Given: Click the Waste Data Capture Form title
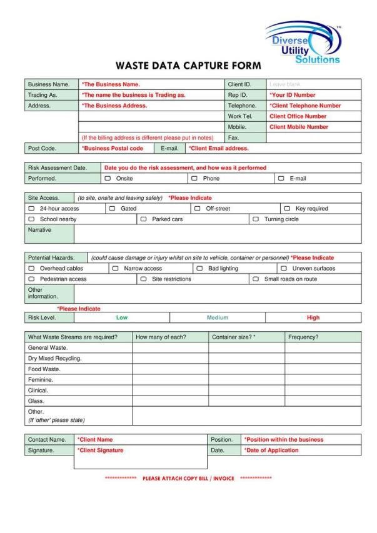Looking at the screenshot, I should [188, 66].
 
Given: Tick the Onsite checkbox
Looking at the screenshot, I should [108, 179].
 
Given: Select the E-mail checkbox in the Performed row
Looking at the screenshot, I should [281, 179].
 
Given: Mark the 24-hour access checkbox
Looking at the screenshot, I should [31, 209].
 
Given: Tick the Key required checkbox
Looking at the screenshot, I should [287, 209].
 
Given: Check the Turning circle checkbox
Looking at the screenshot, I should [255, 219].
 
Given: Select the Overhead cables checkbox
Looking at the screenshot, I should [31, 269].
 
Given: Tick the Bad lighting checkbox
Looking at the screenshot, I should [199, 269].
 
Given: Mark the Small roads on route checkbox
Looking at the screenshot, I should [255, 279].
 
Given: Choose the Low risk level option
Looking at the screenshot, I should [122, 317].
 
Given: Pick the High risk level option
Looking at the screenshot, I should [313, 317].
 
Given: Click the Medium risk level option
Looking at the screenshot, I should [218, 317].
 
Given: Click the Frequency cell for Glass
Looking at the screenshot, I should [323, 401].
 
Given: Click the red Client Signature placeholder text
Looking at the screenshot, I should [101, 450].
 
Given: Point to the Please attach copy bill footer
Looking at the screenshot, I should [188, 479].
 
